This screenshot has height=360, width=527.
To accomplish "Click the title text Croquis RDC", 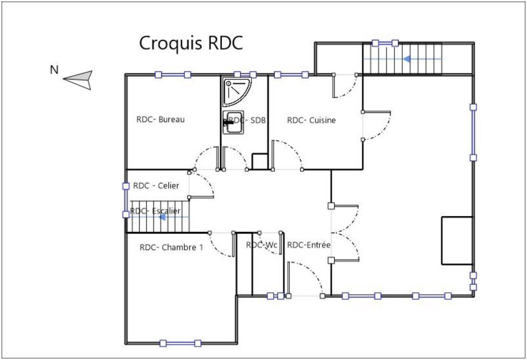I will (x=191, y=43).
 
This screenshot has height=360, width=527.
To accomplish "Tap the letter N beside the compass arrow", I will (x=54, y=70).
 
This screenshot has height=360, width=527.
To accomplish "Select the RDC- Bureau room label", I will (x=160, y=120).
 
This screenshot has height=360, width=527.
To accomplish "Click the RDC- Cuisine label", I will (x=311, y=120).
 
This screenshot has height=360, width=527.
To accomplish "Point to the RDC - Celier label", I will (x=156, y=186).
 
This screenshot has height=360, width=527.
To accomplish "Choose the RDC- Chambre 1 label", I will (x=171, y=248).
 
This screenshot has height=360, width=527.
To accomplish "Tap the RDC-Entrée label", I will (x=309, y=245).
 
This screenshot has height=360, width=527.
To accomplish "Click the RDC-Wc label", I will (x=262, y=245).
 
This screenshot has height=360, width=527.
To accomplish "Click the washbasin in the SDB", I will (x=233, y=122).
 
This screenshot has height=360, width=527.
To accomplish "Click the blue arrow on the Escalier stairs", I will (x=163, y=217).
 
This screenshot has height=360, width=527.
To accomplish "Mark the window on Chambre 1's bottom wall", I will (x=180, y=343).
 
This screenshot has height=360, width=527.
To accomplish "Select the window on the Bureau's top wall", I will (x=173, y=75).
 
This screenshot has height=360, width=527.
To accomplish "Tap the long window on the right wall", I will (x=473, y=132).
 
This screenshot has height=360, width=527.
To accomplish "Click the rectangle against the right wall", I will (x=457, y=240).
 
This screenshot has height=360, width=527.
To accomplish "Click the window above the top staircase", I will (x=385, y=42).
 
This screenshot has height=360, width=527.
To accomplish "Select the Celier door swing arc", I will (x=206, y=183).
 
